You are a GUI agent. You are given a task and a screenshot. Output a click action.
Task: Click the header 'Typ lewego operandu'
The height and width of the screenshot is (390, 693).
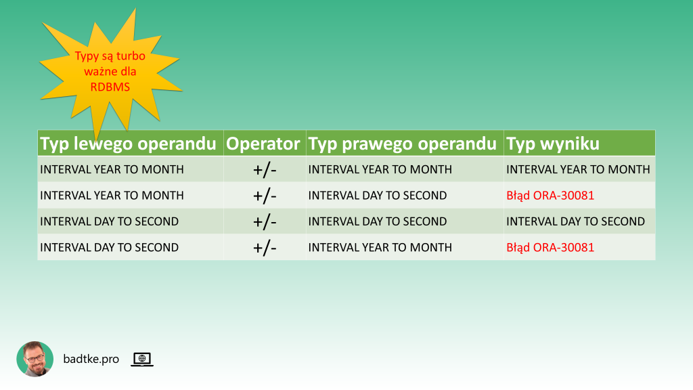pos(128,144)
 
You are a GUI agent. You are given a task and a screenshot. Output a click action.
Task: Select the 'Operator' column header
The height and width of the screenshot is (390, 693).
pos(263,144)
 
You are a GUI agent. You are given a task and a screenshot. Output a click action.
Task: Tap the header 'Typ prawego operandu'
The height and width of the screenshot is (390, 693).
pos(402,144)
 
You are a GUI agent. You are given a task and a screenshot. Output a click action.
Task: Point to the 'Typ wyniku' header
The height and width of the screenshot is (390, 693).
pos(553,144)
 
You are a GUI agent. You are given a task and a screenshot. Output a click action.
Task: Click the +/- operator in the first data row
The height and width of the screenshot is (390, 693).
pos(265,170)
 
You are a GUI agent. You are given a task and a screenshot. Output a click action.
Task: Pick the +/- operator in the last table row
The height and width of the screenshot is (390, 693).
pos(265,248)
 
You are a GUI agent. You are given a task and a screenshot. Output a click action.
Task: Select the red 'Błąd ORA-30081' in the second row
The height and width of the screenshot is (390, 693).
pos(550,196)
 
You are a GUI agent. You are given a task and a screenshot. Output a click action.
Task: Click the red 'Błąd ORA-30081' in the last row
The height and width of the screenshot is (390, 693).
pos(550,248)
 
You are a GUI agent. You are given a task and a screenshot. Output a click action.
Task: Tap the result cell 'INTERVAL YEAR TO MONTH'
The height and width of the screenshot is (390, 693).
pos(578,169)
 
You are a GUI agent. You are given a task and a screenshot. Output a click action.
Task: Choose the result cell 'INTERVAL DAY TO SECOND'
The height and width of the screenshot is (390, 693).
pos(575,221)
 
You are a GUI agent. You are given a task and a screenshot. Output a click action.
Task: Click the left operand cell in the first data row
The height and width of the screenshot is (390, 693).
pos(112,169)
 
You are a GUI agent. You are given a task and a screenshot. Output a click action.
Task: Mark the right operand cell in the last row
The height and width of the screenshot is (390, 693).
pos(380,248)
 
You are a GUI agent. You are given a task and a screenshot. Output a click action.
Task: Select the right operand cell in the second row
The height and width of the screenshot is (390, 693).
pos(378,196)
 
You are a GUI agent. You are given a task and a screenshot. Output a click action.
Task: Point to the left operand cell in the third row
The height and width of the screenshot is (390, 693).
pos(109,221)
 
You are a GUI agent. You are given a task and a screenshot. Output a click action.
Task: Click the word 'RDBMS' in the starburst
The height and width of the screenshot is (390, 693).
pos(110,87)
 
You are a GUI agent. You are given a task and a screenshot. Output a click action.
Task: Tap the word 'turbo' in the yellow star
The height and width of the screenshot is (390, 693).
pos(131,56)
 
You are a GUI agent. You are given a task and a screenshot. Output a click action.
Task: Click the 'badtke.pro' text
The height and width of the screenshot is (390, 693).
pos(91,359)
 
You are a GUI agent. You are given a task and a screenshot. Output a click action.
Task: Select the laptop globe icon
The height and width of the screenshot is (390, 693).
pos(142,359)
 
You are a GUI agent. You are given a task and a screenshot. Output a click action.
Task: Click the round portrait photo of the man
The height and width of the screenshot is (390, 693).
pos(35,359)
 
